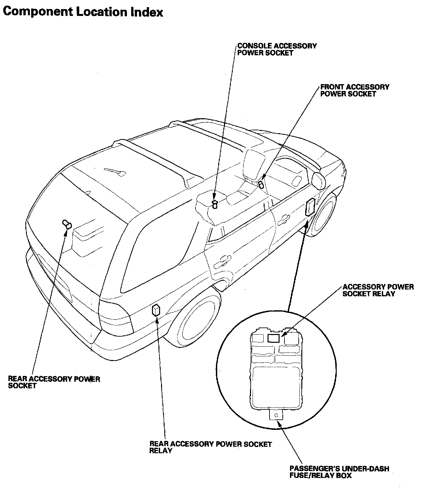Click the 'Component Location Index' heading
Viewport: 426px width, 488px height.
tap(83, 12)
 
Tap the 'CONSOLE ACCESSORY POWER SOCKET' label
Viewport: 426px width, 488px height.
tap(277, 49)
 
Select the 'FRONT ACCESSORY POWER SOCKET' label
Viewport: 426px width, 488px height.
tap(354, 91)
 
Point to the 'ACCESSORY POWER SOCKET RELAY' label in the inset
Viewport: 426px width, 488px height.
tap(378, 290)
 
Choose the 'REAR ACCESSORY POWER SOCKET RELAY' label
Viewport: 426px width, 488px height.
tap(210, 447)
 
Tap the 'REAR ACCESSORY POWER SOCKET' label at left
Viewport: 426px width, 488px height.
tap(54, 382)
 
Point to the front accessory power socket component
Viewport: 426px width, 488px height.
tap(261, 184)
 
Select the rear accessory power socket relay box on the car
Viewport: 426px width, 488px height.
tap(156, 310)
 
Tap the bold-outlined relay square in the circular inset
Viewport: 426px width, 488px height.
tap(273, 338)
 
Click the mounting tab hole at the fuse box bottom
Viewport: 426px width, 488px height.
tap(276, 416)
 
